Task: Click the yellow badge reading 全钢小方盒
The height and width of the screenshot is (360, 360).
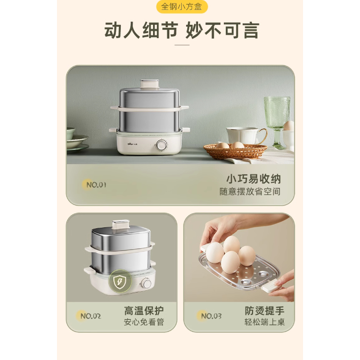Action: click(182, 6)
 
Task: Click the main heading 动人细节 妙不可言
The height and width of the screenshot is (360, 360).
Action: click(182, 30)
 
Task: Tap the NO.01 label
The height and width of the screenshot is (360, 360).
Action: click(96, 185)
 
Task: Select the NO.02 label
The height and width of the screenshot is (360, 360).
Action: click(91, 316)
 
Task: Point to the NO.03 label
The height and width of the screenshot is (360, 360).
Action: click(211, 316)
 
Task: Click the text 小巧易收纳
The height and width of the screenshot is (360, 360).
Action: click(254, 179)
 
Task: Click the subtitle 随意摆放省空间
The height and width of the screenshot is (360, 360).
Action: click(250, 192)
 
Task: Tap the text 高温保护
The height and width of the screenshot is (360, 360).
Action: click(144, 311)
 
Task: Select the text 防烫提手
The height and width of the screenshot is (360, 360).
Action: click(264, 311)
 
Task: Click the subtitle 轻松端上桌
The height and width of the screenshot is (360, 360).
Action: click(264, 322)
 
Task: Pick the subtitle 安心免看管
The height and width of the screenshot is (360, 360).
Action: click(144, 322)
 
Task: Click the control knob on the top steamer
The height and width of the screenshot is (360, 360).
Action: click(162, 145)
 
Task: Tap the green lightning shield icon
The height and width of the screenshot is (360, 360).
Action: click(120, 281)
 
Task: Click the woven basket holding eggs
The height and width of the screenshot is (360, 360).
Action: click(235, 151)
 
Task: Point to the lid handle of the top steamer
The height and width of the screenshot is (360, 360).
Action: click(150, 84)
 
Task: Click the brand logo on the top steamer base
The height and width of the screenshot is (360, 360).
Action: click(132, 145)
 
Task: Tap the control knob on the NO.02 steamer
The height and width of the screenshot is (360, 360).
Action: click(146, 283)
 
